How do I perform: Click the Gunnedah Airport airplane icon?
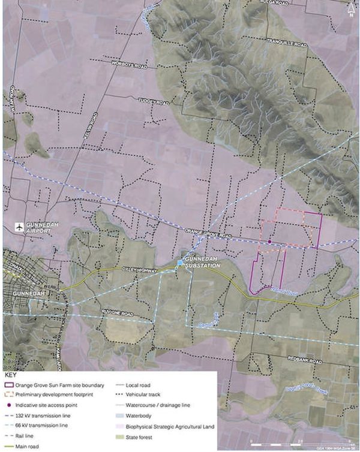(20, 227)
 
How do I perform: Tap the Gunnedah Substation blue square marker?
(179, 263)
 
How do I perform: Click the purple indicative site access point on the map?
(270, 242)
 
